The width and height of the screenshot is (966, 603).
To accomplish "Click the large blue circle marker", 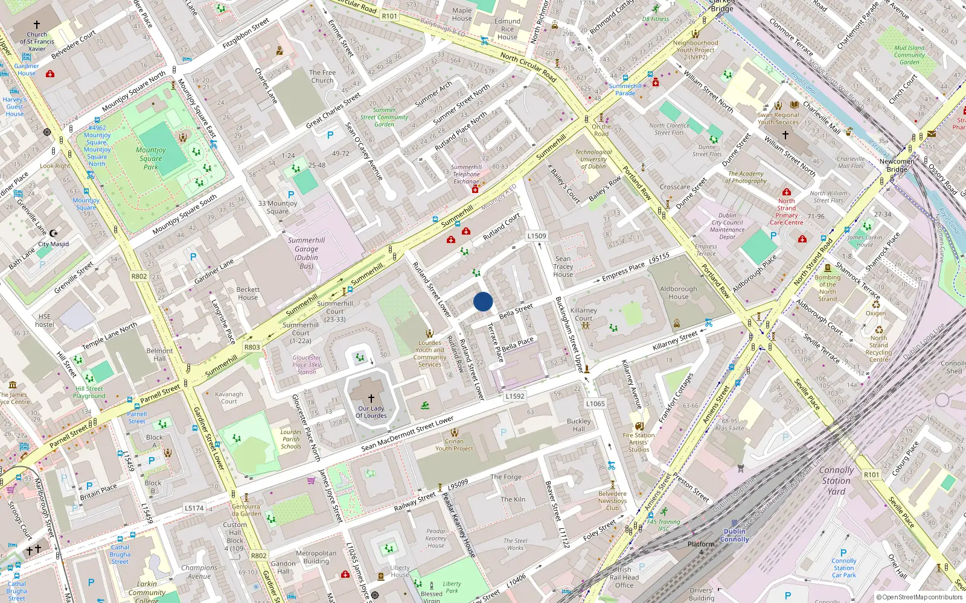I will pyautogui.click(x=483, y=301).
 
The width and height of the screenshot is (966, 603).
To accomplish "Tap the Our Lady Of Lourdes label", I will pyautogui.click(x=371, y=412).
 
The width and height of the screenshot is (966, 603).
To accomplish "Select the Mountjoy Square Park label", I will pyautogui.click(x=151, y=158).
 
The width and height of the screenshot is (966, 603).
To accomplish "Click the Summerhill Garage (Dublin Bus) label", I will pyautogui.click(x=306, y=253).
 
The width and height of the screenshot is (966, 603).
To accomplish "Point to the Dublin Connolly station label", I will pyautogui.click(x=734, y=535).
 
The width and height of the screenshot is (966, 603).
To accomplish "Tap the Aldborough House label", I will pyautogui.click(x=678, y=292).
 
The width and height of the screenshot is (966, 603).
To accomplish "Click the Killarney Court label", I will pyautogui.click(x=583, y=314).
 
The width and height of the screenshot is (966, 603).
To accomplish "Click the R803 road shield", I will pyautogui.click(x=252, y=347).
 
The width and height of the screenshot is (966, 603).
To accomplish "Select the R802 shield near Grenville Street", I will pyautogui.click(x=139, y=276).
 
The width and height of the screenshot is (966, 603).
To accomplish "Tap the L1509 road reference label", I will pyautogui.click(x=536, y=236).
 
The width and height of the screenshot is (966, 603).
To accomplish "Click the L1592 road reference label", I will pyautogui.click(x=514, y=396).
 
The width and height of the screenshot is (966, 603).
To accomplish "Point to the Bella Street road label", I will pyautogui.click(x=516, y=311).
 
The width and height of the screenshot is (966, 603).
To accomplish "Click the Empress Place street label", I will pyautogui.click(x=623, y=272).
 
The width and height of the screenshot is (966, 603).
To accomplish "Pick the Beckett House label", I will pyautogui.click(x=248, y=293).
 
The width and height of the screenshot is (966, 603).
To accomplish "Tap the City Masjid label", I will pyautogui.click(x=53, y=244).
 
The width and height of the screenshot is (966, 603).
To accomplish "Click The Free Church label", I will pyautogui.click(x=322, y=76).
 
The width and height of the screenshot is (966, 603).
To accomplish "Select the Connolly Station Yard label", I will pyautogui.click(x=836, y=481).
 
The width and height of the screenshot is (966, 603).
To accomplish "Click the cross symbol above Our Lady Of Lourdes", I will pyautogui.click(x=371, y=399).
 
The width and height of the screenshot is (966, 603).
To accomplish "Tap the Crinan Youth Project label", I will pyautogui.click(x=454, y=445).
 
